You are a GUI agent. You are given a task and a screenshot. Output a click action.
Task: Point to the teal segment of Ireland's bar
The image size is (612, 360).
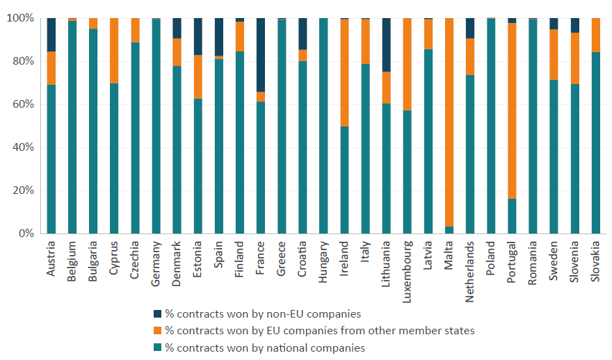tap(344, 180)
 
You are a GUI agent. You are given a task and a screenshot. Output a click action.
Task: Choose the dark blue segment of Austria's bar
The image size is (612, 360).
tap(51, 35)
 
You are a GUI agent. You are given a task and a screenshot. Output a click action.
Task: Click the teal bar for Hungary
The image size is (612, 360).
tap(323, 126)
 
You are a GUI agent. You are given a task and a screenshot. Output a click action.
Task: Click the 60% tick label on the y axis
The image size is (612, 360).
tap(22, 104)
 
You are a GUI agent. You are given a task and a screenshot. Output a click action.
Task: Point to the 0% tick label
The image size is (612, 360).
tap(24, 234)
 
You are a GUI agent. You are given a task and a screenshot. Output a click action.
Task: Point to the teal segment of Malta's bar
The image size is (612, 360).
tap(449, 230)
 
